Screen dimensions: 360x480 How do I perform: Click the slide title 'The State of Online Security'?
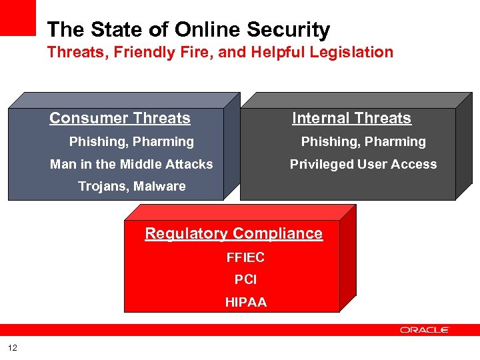[x=189, y=30]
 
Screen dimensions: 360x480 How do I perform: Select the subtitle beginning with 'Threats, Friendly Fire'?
[x=220, y=52]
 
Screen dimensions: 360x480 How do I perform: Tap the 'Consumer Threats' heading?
[x=120, y=119]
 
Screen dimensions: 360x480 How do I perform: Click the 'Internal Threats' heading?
[x=351, y=119]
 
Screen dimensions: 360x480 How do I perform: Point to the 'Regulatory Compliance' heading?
[x=234, y=233]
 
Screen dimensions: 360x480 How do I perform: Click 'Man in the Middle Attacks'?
[x=131, y=164]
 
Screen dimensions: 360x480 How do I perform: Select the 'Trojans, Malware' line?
[x=132, y=187]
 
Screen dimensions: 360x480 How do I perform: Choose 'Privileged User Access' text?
[x=363, y=164]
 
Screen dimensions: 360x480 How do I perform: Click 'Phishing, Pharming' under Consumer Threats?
[x=132, y=142]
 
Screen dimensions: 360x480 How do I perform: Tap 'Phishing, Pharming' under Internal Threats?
[x=363, y=142]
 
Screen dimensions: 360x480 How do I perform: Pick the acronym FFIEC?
[x=245, y=258]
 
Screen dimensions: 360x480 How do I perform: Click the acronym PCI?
[x=245, y=280]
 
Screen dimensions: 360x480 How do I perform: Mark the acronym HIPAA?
[x=245, y=303]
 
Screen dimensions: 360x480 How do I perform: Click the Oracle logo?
[x=425, y=330]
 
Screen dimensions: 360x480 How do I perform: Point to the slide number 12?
[x=13, y=347]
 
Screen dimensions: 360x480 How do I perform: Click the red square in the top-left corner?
[x=17, y=17]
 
